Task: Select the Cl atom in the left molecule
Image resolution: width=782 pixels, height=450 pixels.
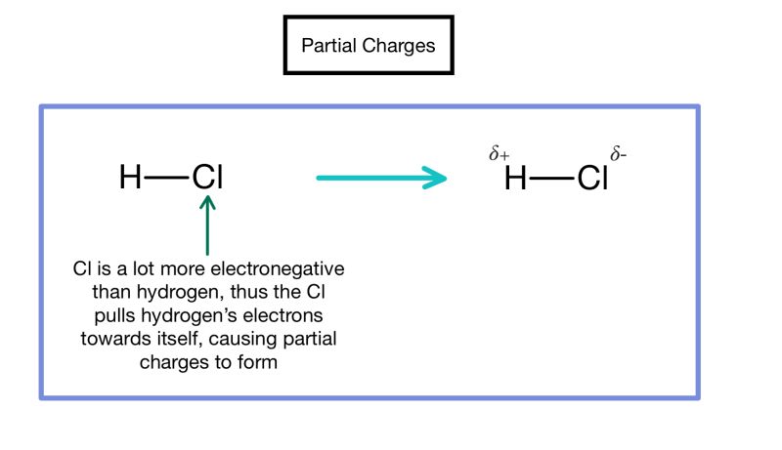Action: coord(207,178)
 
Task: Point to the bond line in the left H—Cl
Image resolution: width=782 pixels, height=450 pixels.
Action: coord(167,178)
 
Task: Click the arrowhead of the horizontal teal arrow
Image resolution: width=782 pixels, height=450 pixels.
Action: coord(435,178)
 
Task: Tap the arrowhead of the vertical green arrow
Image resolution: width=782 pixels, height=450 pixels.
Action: coord(207,203)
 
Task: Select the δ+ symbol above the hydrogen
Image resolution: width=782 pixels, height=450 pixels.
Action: coord(499,154)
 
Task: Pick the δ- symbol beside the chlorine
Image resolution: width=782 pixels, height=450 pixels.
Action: coord(618,154)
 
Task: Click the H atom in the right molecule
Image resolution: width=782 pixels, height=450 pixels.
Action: coord(515,179)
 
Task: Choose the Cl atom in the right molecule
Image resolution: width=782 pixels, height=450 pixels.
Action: coord(592,179)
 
